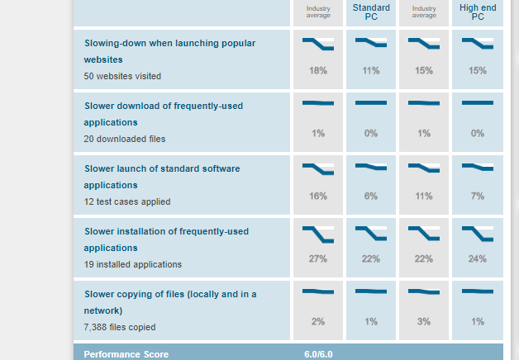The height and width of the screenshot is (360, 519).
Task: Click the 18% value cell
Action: (318, 71)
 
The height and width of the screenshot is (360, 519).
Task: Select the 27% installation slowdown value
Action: (318, 259)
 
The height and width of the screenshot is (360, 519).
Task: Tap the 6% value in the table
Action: (371, 197)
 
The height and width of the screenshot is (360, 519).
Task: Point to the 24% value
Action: (477, 259)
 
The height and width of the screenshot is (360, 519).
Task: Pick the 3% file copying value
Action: (424, 322)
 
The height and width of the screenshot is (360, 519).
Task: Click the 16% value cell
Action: (318, 197)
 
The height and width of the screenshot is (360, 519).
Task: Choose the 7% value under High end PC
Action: (477, 197)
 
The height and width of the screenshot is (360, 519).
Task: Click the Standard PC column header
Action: (371, 12)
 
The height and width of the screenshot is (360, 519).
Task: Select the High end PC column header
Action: (477, 12)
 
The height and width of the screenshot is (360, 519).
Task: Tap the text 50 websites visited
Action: (122, 76)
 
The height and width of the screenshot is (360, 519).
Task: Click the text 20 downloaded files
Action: (125, 139)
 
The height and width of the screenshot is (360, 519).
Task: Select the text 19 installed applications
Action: (132, 264)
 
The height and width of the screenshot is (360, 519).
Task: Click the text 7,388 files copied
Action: (120, 327)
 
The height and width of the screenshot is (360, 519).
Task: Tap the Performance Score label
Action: (126, 354)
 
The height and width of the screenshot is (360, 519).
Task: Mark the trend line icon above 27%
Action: (318, 234)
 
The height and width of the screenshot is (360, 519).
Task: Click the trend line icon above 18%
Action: (318, 45)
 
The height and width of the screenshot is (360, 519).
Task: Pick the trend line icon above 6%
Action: (371, 167)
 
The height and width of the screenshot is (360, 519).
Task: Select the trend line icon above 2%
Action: (318, 291)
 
